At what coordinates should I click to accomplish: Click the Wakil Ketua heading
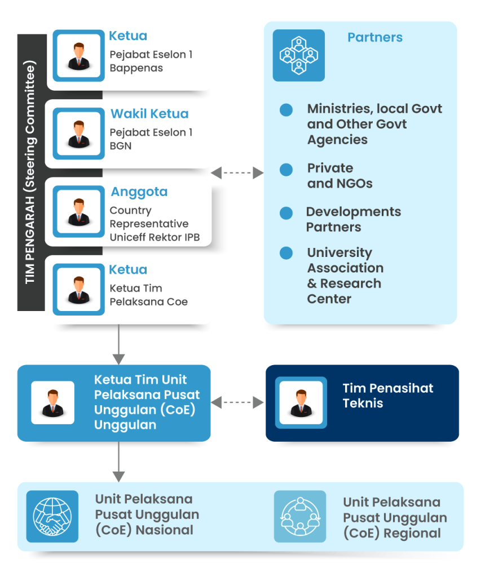tap(149, 114)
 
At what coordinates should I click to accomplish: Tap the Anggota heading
tap(139, 192)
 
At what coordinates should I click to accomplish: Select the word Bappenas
tap(136, 68)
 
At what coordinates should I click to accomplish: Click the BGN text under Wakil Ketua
tap(121, 146)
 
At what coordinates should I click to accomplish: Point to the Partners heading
tap(375, 38)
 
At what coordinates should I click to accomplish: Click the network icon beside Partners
tap(299, 55)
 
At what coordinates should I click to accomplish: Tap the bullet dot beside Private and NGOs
tap(286, 169)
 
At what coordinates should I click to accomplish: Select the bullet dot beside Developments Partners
tap(286, 213)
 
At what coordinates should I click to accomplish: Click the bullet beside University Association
tap(286, 253)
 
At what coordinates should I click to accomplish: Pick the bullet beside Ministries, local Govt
tap(286, 109)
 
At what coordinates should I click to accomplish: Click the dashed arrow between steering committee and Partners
tap(237, 173)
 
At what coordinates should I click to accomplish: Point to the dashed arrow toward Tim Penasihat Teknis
tap(237, 402)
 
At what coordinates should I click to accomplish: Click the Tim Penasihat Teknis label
tap(388, 396)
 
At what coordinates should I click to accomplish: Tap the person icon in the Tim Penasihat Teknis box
tap(301, 402)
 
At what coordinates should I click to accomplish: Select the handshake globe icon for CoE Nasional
tap(52, 516)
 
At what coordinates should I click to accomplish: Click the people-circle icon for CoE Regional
tap(300, 516)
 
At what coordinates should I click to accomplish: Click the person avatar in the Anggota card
tap(79, 212)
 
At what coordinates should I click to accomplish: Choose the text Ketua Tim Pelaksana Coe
tap(148, 295)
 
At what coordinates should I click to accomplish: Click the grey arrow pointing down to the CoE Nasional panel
tap(118, 462)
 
